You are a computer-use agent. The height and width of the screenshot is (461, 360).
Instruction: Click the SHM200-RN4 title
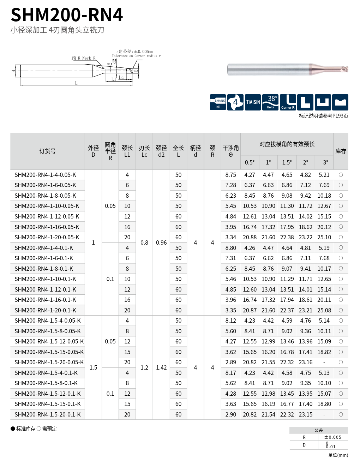click(67, 15)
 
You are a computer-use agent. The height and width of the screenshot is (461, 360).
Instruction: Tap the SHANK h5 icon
click(218, 102)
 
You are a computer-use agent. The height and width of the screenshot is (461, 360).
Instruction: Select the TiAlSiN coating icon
click(253, 102)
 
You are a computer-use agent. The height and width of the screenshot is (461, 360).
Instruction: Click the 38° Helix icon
click(270, 102)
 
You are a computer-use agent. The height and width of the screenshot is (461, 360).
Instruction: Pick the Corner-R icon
click(288, 102)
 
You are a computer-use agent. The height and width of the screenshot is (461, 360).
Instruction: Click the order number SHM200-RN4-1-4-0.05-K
click(45, 175)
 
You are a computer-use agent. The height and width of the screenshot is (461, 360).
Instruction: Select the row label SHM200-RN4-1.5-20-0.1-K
click(45, 414)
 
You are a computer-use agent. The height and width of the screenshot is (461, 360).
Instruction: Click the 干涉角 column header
click(230, 151)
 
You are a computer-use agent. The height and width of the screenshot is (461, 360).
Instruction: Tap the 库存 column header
click(341, 151)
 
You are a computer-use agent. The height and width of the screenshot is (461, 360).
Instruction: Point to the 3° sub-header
click(325, 162)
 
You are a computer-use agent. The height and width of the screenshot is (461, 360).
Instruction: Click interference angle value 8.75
click(230, 175)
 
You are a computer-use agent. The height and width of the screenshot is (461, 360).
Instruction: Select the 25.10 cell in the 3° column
click(324, 237)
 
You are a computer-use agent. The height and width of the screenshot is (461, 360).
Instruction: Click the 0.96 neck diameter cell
click(161, 243)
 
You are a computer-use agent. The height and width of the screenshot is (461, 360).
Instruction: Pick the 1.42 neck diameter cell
click(161, 367)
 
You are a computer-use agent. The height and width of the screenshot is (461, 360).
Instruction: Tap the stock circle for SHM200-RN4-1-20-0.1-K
click(341, 310)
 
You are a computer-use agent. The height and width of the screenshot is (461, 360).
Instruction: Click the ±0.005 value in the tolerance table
click(333, 437)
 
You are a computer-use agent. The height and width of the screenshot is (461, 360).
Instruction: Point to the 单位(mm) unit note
click(338, 455)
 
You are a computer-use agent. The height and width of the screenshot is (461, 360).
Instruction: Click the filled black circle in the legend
click(13, 429)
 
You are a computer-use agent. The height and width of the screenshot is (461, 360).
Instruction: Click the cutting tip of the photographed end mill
click(346, 69)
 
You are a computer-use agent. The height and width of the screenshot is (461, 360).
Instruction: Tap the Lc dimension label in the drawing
click(121, 77)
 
